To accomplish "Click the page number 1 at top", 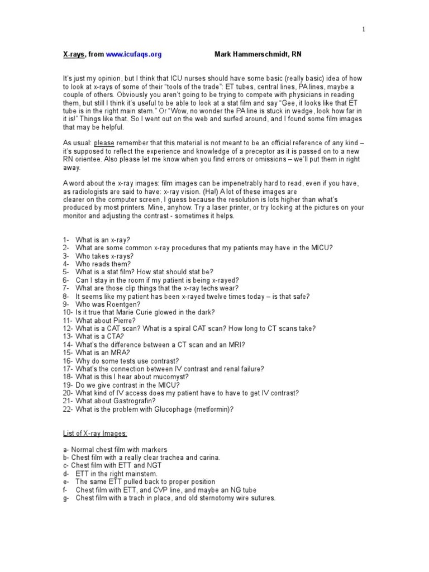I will (363, 30).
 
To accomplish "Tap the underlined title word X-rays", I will (73, 55).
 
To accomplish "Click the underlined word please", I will (104, 143).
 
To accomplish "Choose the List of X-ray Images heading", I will (94, 433).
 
